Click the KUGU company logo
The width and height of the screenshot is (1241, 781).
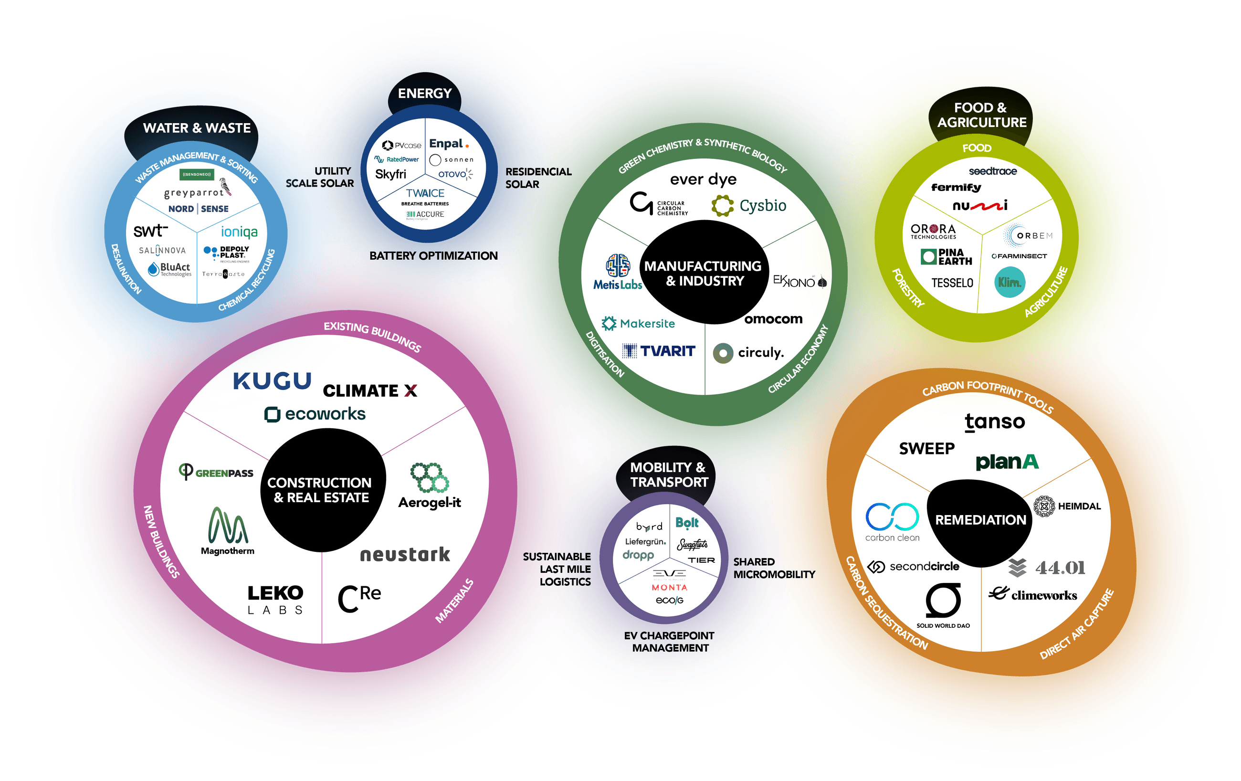(272, 381)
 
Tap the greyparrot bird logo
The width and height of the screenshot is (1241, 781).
(225, 187)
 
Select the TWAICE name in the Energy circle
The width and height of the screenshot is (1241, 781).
(425, 193)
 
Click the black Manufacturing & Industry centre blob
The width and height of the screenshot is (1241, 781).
(703, 273)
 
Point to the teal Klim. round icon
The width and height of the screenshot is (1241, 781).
(1009, 282)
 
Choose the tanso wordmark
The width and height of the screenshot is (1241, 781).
(995, 422)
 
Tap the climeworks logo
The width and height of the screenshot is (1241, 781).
(1033, 595)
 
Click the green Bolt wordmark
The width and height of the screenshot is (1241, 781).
(686, 523)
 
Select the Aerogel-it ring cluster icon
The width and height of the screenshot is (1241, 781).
(429, 477)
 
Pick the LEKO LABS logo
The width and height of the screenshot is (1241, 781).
(275, 599)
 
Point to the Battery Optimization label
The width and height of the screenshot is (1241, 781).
(433, 256)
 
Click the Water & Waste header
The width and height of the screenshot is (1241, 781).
(196, 128)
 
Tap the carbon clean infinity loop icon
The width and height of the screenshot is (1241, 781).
(892, 517)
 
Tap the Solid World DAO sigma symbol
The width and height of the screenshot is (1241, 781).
(943, 601)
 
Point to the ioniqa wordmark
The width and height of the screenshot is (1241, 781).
(239, 232)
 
